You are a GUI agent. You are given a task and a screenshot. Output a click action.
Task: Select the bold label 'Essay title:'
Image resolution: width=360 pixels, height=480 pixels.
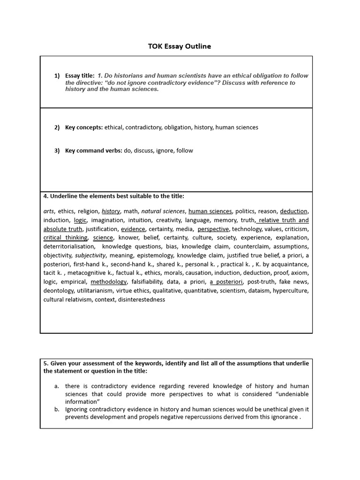[x=80, y=75]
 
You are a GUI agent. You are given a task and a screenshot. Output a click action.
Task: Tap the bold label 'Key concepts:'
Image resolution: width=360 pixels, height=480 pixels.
[x=84, y=127]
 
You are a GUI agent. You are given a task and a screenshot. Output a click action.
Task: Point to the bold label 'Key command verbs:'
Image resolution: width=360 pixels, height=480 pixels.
[x=93, y=150]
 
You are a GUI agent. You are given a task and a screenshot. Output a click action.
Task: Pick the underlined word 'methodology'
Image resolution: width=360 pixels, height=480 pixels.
[x=109, y=282]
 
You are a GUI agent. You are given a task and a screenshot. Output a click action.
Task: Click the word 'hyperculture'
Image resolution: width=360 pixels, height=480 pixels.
[x=290, y=291]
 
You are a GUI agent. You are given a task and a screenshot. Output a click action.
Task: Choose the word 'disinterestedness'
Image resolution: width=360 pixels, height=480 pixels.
[x=142, y=300]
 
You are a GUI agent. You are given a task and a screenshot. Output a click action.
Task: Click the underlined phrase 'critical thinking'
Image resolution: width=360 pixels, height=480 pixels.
[x=65, y=238]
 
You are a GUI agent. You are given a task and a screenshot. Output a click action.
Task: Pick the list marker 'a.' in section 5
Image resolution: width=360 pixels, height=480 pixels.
[x=56, y=386]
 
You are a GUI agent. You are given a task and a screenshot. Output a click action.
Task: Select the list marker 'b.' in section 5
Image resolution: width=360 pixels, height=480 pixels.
[x=56, y=409]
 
